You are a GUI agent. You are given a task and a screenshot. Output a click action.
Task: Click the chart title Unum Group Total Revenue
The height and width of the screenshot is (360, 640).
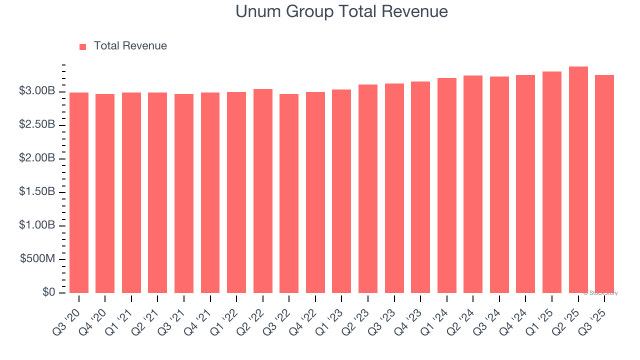click(x=341, y=11)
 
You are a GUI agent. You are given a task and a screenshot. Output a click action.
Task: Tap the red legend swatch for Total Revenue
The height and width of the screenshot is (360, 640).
click(x=82, y=46)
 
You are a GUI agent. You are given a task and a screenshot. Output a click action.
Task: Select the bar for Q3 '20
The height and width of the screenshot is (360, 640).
click(x=79, y=192)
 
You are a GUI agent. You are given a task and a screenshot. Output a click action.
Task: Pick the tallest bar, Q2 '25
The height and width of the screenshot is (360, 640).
click(x=578, y=180)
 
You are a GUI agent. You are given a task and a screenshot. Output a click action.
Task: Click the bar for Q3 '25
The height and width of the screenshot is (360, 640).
click(x=604, y=184)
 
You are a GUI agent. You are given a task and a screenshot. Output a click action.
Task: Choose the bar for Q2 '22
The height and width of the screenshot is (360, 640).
click(x=263, y=191)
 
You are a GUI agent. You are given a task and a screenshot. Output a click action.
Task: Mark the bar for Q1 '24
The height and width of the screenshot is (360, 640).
click(x=446, y=185)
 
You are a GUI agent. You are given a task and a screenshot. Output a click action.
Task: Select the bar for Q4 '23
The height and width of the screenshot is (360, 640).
click(x=420, y=187)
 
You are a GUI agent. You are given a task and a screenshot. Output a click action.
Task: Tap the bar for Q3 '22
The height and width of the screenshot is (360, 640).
click(x=289, y=193)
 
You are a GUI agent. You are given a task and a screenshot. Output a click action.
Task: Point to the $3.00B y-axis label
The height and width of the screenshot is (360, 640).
click(x=37, y=91)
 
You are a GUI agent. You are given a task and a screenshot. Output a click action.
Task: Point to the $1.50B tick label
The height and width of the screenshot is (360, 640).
click(x=37, y=192)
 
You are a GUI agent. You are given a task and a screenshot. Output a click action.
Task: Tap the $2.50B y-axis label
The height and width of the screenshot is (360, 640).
click(x=37, y=125)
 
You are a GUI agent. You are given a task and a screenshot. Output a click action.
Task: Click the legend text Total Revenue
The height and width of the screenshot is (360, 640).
click(x=130, y=46)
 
